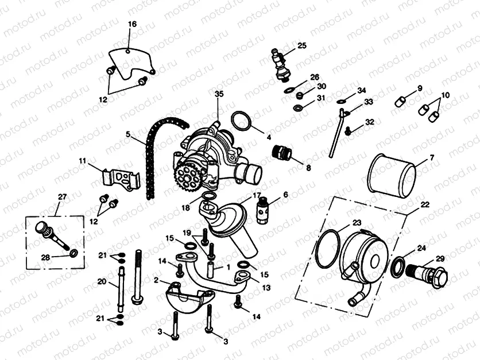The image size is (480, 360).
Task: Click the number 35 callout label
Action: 218,94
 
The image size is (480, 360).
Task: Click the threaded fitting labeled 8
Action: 282,153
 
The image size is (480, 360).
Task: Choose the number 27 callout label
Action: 62,197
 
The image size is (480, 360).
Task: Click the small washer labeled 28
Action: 74,253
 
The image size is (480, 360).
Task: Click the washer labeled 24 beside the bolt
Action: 397,266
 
